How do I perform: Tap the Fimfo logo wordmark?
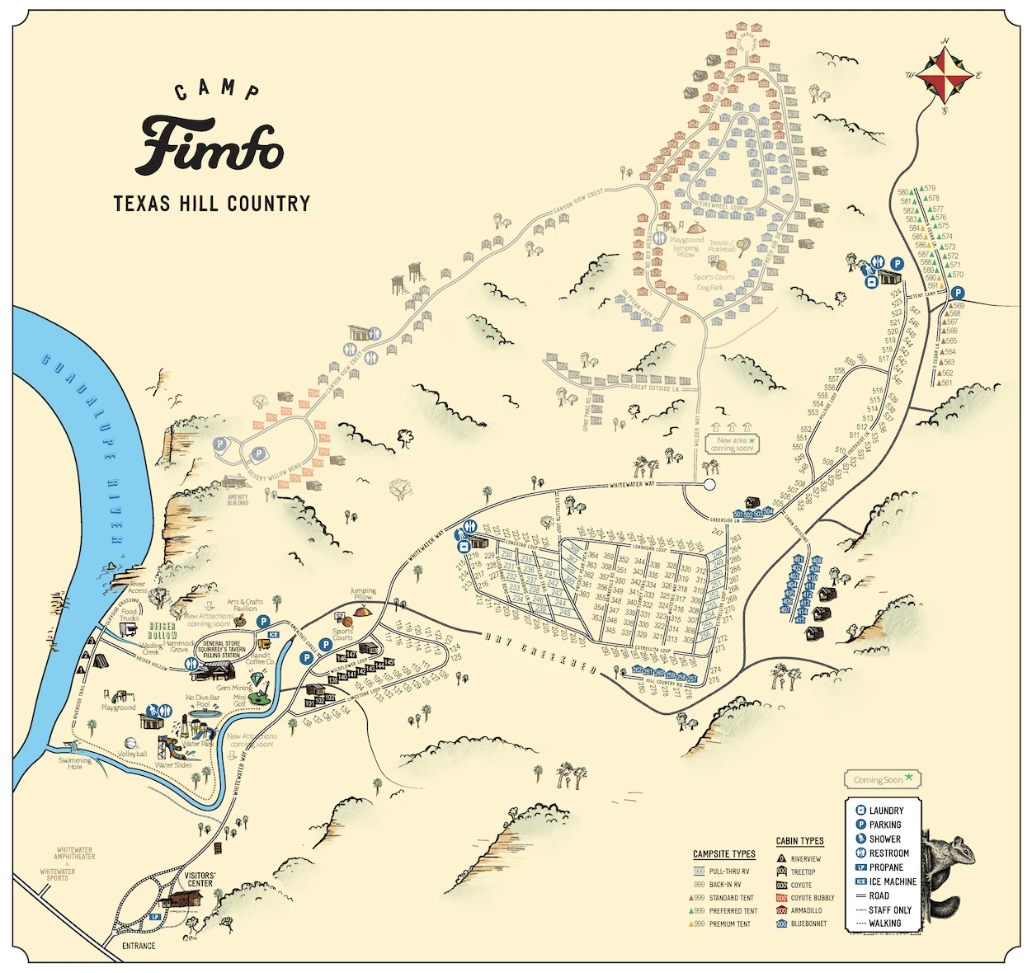(x=212, y=146)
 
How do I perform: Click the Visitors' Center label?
(x=200, y=879)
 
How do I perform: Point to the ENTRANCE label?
(x=139, y=946)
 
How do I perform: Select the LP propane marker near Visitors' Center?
(x=155, y=916)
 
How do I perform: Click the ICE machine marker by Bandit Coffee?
(x=273, y=635)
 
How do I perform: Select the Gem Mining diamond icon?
(x=260, y=679)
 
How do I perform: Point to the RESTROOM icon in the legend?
(x=860, y=853)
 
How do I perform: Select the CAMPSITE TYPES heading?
(x=723, y=854)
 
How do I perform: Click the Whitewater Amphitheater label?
(x=74, y=853)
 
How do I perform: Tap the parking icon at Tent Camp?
(x=958, y=293)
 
